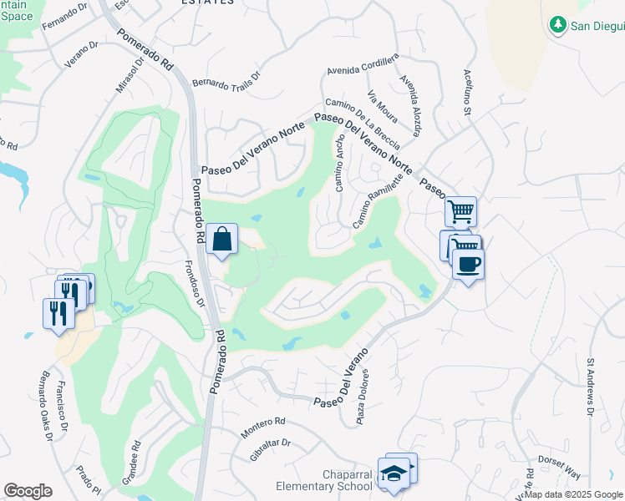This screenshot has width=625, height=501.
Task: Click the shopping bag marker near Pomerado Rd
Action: tap(222, 240)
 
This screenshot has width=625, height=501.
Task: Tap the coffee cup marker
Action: tap(468, 265)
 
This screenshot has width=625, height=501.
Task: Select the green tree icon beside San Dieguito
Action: tap(558, 26)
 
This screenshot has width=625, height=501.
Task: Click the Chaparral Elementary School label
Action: tap(324, 487)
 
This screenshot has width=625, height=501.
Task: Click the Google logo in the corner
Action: tap(28, 491)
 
